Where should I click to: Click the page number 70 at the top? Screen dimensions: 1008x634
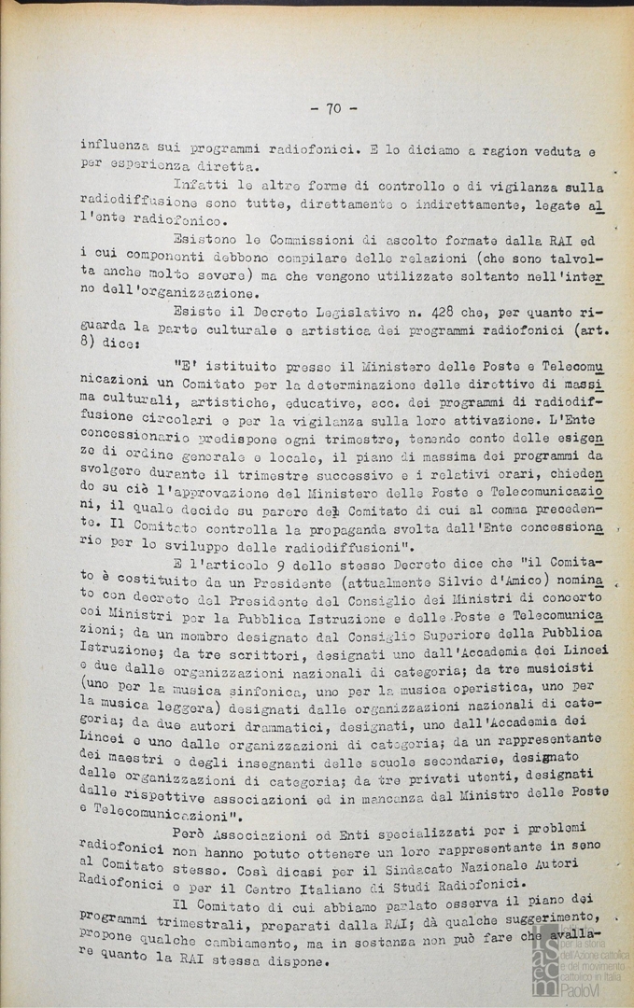333,108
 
